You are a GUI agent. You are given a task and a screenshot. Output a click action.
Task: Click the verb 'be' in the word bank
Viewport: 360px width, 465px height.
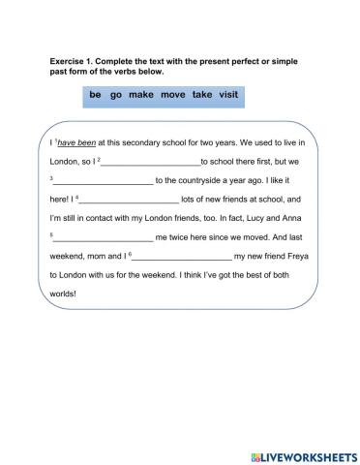click(x=95, y=96)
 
